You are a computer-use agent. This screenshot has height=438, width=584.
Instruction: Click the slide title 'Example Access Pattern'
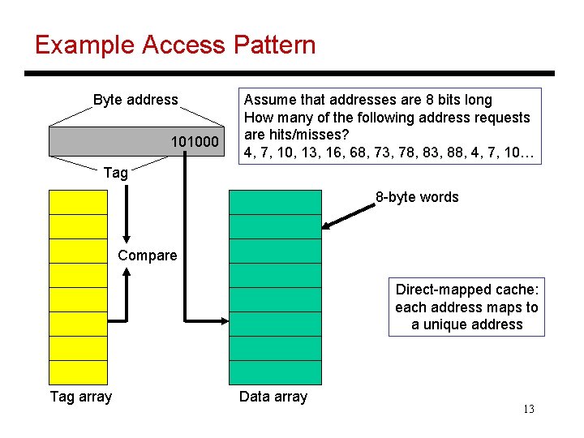pos(175,45)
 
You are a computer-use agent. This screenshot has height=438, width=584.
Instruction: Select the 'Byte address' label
pos(135,100)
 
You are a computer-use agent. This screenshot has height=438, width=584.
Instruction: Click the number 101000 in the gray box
pos(195,143)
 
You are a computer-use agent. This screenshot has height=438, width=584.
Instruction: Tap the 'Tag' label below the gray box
pos(116,172)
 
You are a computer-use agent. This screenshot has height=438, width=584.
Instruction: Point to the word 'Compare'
pos(147,255)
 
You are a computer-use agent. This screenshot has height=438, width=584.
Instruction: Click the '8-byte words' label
pos(416,197)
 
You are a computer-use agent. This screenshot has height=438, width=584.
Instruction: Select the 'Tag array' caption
pos(81,397)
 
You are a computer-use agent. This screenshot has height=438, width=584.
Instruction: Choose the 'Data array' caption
pos(273,397)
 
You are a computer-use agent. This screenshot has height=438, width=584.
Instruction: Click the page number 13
pos(528,409)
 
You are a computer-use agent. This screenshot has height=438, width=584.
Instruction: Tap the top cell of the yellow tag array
pos(78,202)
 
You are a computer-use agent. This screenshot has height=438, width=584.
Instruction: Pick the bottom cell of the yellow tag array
pos(78,372)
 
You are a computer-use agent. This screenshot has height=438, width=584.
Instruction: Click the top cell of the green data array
pos(275,202)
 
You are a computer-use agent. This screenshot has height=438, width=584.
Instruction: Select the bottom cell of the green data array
pos(275,372)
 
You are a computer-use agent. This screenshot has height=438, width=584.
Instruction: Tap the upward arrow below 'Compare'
pos(127,292)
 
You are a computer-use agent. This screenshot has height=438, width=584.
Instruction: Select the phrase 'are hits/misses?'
pos(294,135)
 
